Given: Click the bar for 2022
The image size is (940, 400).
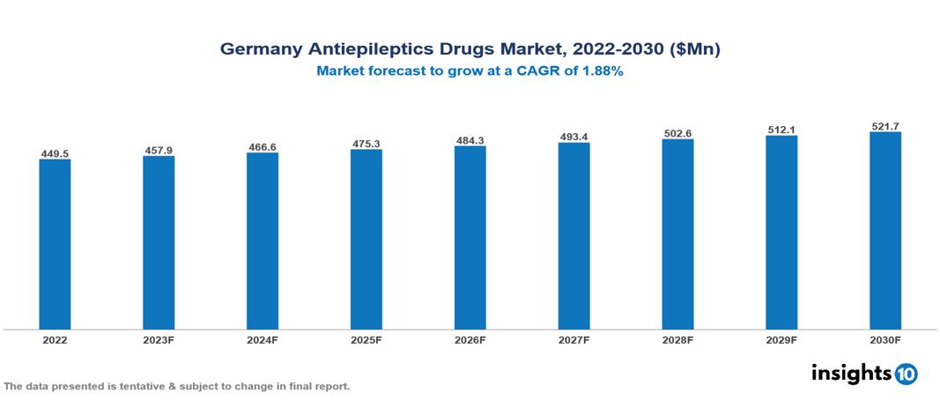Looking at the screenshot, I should (x=55, y=244).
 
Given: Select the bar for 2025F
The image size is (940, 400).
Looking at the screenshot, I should (x=366, y=239).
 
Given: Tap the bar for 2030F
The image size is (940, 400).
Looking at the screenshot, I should (x=885, y=231).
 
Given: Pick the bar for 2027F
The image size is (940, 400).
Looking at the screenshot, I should (x=574, y=235).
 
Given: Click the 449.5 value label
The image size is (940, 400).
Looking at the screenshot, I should (x=55, y=154).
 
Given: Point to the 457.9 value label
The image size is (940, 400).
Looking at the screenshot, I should (x=159, y=151).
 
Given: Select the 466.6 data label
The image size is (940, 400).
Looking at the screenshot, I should (x=263, y=147).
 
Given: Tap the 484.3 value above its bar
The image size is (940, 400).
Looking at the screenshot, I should (x=470, y=140).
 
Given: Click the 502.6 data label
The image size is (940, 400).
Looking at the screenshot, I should (x=677, y=133).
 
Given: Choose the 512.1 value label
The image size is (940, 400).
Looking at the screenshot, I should (x=781, y=130).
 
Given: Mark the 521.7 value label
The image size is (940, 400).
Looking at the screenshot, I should (x=885, y=127).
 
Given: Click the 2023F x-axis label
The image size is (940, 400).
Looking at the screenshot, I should (x=159, y=339).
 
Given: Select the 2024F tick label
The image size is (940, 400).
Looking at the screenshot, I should (x=263, y=339).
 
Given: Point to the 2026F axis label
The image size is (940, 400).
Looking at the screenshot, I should (x=470, y=339).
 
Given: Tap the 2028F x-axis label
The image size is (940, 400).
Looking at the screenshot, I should (x=677, y=339).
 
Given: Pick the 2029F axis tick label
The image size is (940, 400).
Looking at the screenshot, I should (x=781, y=339).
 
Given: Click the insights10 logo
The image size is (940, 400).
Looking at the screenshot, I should (x=864, y=373).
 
